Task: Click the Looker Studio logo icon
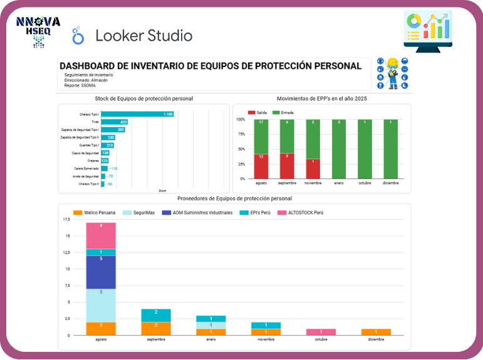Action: click(x=78, y=35)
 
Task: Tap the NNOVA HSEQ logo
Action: click(x=38, y=31)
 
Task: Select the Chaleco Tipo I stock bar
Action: click(x=137, y=114)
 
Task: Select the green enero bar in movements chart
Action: click(x=338, y=149)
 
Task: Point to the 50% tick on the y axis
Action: click(x=241, y=149)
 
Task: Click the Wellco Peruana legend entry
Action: click(x=94, y=212)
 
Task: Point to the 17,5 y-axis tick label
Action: click(x=66, y=220)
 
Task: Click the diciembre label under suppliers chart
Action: click(x=377, y=339)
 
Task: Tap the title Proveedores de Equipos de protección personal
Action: click(x=235, y=198)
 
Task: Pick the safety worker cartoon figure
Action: click(x=393, y=73)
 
